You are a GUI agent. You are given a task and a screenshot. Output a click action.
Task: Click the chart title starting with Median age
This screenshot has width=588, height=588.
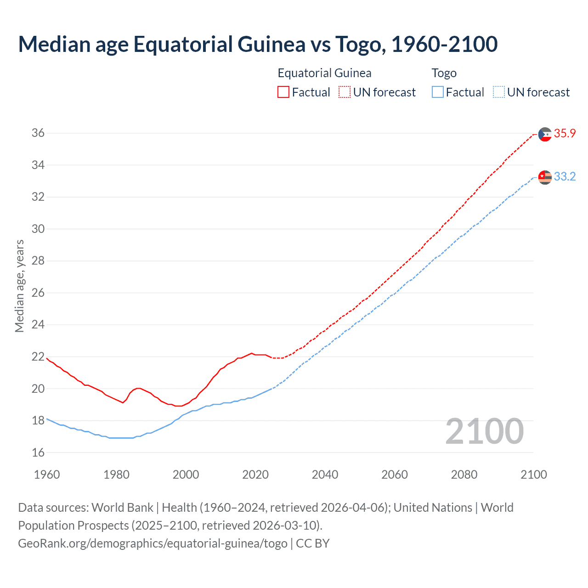click(x=258, y=44)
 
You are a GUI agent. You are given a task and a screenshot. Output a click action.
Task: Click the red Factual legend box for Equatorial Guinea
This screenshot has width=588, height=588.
click(x=283, y=92)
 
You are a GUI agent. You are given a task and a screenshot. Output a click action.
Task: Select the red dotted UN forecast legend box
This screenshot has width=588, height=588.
click(x=345, y=92)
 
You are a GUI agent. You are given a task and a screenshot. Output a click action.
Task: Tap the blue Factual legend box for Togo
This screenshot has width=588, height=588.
click(x=438, y=92)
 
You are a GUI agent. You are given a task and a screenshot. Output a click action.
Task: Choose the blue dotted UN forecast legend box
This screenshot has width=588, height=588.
click(x=498, y=92)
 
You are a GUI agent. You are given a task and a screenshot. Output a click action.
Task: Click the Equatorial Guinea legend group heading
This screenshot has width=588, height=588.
click(x=324, y=73)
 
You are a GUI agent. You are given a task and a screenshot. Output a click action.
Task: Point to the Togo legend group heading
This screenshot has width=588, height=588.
click(x=444, y=73)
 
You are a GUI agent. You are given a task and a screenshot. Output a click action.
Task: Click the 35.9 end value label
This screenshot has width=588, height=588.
click(x=565, y=133)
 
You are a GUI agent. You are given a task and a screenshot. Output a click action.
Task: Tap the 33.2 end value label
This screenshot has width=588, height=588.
click(x=565, y=176)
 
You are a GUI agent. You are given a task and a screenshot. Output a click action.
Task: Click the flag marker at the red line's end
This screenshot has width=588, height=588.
click(x=545, y=134)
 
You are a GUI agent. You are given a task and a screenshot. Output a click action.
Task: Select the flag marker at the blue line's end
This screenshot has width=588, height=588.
click(x=545, y=177)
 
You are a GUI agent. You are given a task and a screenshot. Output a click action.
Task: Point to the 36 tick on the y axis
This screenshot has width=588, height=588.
click(x=38, y=133)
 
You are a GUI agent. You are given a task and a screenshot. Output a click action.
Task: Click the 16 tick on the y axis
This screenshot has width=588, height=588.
click(x=38, y=452)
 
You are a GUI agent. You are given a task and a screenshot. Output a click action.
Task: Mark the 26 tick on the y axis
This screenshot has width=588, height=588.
click(x=38, y=293)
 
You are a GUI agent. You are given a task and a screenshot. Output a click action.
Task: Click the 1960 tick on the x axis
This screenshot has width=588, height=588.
click(x=47, y=475)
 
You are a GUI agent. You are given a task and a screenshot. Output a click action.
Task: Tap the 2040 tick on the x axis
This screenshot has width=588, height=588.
click(x=325, y=475)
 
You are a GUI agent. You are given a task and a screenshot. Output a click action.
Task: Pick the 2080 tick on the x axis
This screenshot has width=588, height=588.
click(x=464, y=475)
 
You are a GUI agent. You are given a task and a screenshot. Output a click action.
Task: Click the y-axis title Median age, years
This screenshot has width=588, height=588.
click(x=19, y=286)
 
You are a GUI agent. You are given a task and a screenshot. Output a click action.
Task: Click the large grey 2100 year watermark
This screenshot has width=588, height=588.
click(x=484, y=431)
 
